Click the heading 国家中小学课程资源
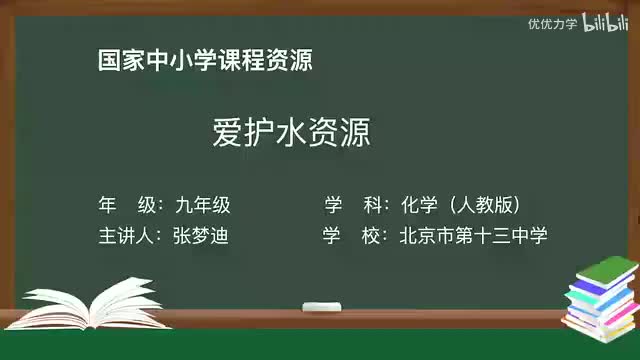click(206, 61)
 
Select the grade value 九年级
click(202, 205)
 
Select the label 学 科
click(355, 205)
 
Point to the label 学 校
click(355, 236)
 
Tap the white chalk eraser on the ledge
click(322, 304)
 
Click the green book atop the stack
click(607, 270)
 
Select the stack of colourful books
click(600, 300)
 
